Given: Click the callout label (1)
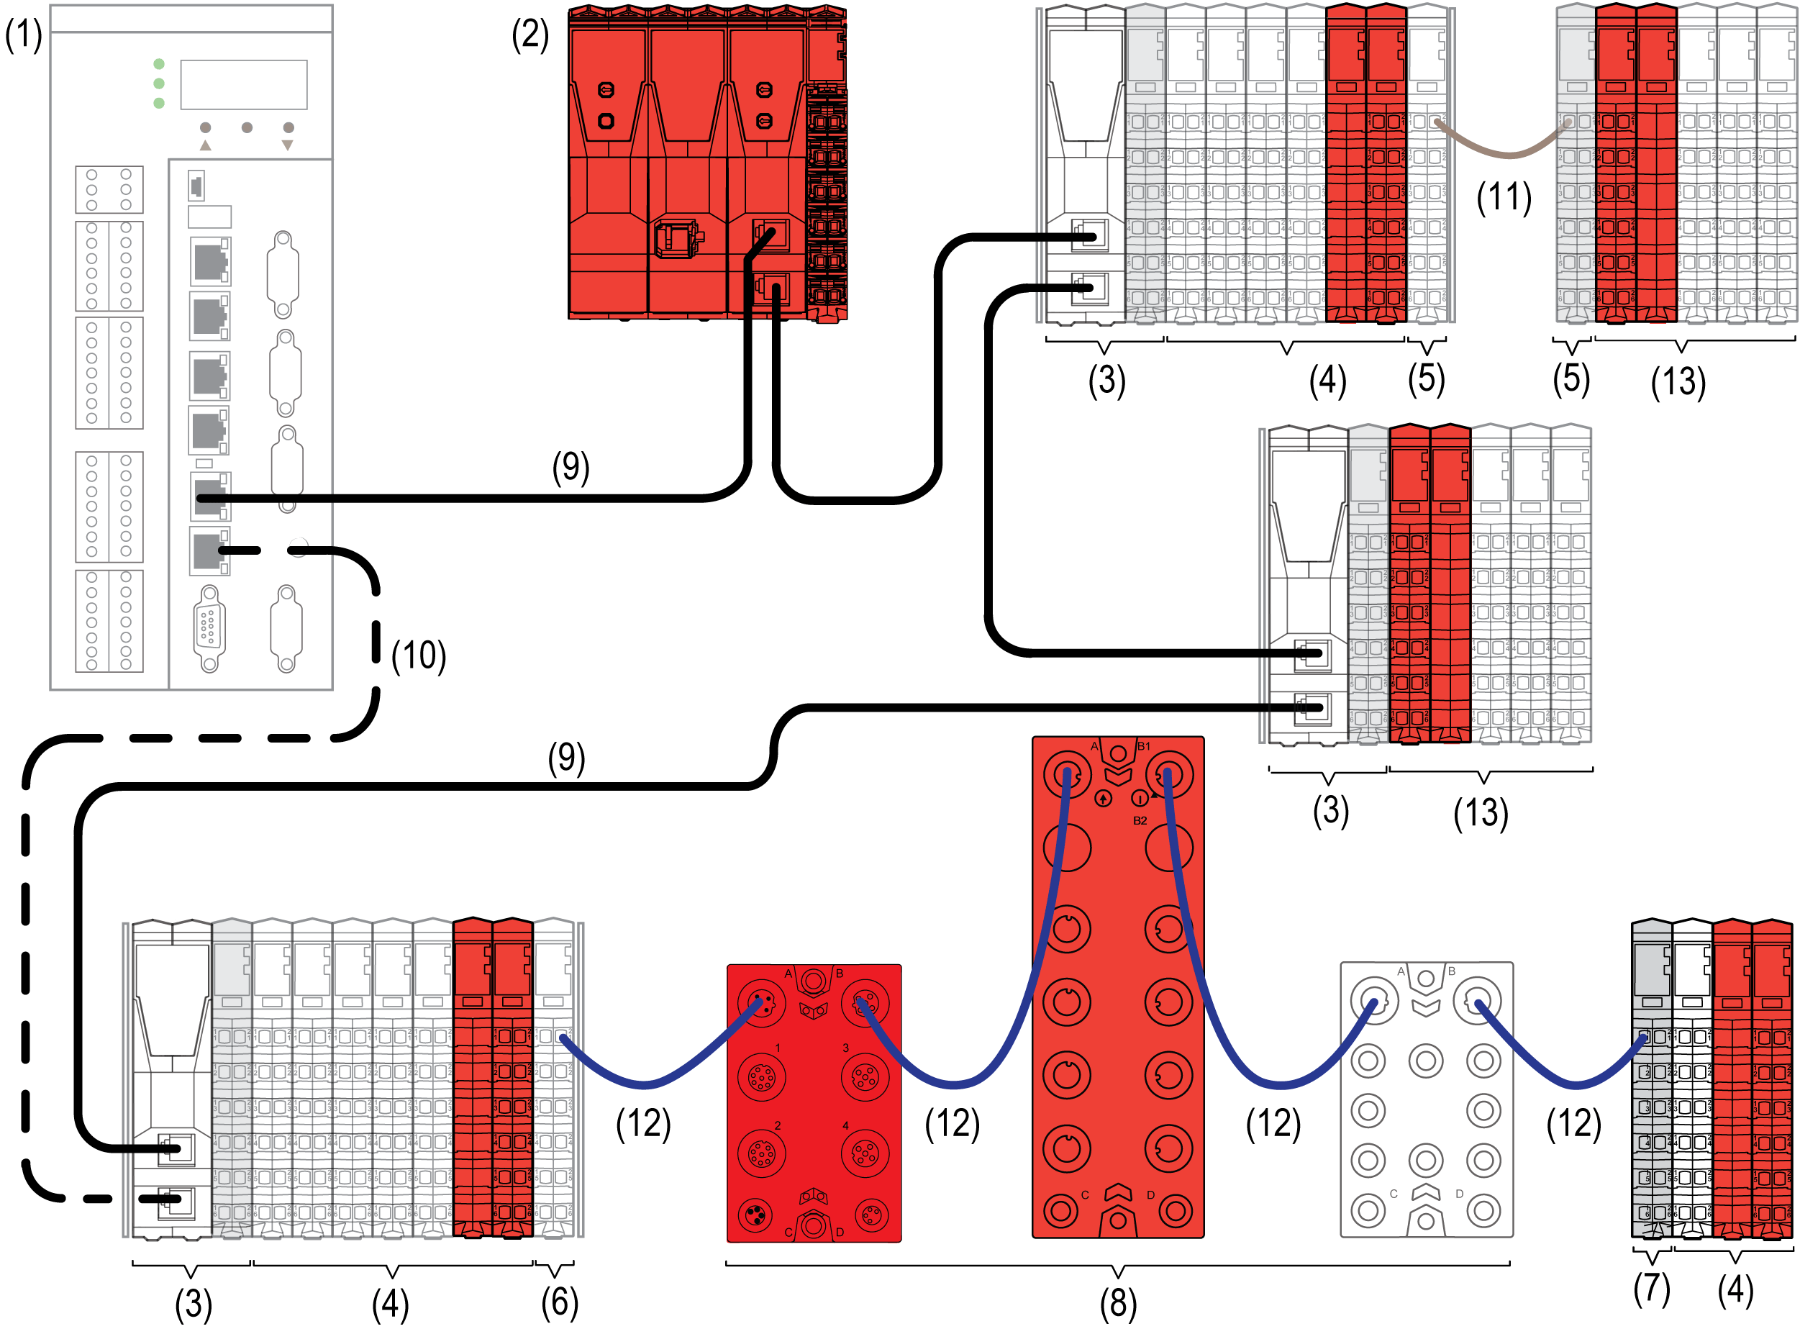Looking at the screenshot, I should (24, 35).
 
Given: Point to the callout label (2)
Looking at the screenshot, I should (530, 35).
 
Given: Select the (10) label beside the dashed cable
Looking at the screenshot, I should (418, 655).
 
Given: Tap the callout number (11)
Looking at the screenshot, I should (1504, 197).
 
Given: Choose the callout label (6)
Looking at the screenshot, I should (560, 1302).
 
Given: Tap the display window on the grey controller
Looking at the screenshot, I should (244, 84).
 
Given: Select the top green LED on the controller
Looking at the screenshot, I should (159, 64).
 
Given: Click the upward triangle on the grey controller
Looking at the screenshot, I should (206, 145).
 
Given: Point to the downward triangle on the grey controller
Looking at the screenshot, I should (287, 145).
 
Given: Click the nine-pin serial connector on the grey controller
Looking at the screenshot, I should (209, 627).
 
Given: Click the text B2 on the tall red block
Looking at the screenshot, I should (1140, 820).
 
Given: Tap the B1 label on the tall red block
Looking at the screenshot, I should (1144, 746).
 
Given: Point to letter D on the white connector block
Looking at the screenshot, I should (1460, 1194).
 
